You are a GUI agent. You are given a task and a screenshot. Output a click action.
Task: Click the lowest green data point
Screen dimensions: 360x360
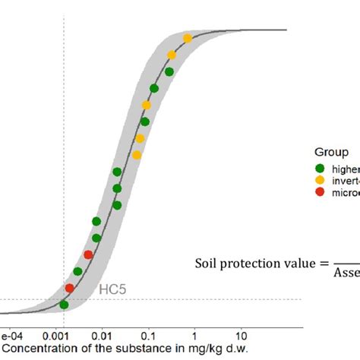point(64,305)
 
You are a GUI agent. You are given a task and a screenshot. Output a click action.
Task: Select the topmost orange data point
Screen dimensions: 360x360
point(188,38)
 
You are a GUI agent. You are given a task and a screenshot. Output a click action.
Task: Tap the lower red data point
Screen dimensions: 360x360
point(70,288)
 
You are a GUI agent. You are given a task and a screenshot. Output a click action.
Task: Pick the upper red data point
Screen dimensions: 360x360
point(88,254)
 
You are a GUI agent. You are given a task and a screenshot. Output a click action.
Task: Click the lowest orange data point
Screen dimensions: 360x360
point(137,155)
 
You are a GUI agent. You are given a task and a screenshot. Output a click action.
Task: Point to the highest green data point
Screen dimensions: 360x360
point(169,72)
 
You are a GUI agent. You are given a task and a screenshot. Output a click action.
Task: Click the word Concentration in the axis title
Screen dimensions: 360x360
point(39,348)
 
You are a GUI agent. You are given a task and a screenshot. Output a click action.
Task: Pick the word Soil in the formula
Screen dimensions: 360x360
point(207,264)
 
